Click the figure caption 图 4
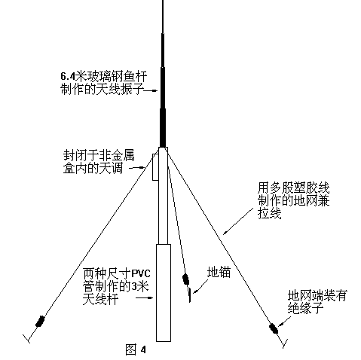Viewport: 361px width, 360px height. (x=136, y=349)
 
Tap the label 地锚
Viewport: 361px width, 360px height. (x=219, y=272)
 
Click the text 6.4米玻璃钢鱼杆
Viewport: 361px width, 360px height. (x=104, y=76)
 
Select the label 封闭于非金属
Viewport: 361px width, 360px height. (x=99, y=155)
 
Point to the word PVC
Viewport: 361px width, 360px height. (x=141, y=273)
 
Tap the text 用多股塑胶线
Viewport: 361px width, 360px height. (x=294, y=188)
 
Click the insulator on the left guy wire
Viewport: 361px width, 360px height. (x=40, y=321)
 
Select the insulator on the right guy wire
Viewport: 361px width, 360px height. (x=274, y=328)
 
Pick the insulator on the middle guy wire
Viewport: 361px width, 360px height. (x=185, y=279)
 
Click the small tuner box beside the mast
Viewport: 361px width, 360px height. (x=155, y=167)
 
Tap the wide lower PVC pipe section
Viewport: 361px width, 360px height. (x=164, y=293)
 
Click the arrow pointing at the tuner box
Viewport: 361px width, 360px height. (x=137, y=167)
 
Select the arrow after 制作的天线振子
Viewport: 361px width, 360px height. (x=151, y=90)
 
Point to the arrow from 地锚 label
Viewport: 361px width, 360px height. (x=200, y=286)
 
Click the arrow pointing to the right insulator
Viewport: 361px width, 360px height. (x=284, y=322)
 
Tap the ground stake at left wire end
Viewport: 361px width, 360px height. (x=26, y=338)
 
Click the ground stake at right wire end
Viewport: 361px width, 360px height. (x=285, y=343)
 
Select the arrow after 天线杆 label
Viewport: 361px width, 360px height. (x=144, y=298)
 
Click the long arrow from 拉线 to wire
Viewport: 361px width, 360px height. (x=238, y=221)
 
